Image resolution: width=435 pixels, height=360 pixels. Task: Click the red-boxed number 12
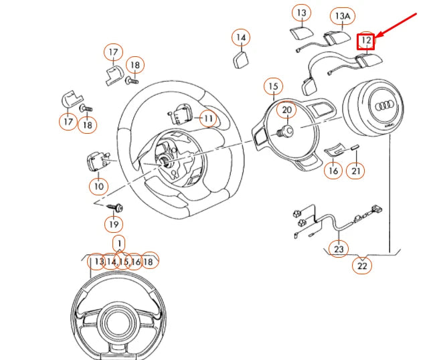[365, 41]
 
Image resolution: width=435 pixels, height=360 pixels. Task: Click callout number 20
[286, 110]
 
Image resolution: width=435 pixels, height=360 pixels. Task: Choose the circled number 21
[356, 171]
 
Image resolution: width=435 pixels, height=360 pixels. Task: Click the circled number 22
[363, 266]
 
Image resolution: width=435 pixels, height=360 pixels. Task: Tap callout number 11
[208, 119]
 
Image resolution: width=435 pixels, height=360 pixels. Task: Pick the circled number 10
[98, 185]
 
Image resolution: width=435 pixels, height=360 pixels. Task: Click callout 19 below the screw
[113, 224]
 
